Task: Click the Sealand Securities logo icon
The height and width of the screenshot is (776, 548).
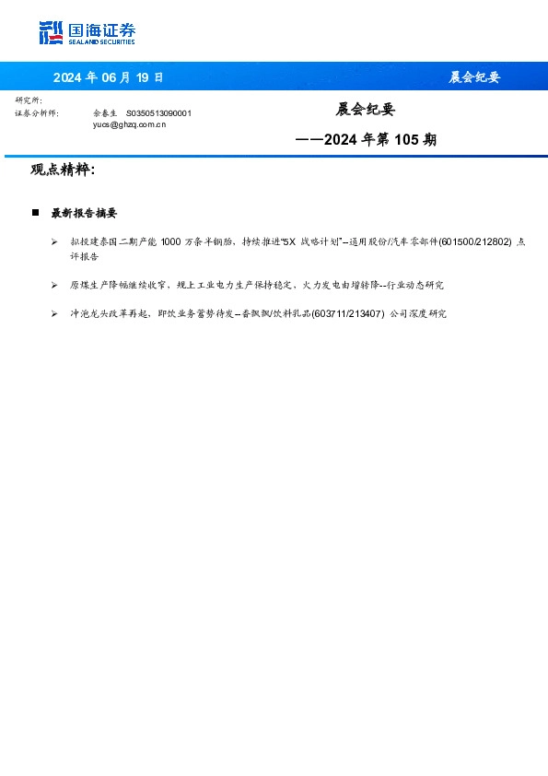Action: coord(52,33)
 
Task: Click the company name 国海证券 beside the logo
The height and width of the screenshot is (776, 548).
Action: coord(100,29)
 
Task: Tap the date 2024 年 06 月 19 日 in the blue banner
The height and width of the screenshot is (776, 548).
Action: coord(108,77)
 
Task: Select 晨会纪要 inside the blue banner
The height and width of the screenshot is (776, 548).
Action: coord(473,77)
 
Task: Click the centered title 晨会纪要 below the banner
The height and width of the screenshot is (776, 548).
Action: coord(365,110)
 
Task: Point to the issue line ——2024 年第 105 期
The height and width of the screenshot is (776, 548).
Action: coord(365,141)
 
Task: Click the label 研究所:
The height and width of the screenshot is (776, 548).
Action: coord(29,100)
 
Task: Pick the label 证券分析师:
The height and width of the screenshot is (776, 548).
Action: coord(37,112)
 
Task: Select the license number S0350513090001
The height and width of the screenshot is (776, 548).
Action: coord(158,112)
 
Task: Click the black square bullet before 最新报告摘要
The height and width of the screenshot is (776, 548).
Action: coord(35,212)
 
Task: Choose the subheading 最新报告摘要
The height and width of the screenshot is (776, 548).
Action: coord(84,213)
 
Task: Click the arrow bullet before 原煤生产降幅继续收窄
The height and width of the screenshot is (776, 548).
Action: coord(55,286)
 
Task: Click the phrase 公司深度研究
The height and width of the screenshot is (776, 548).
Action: coord(419,314)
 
